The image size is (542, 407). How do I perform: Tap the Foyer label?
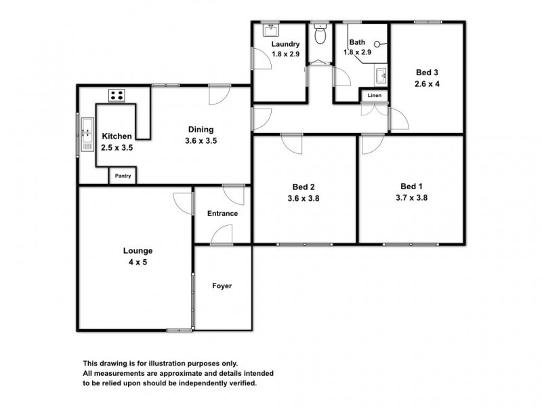tap(222, 286)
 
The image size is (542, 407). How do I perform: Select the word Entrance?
tap(222, 214)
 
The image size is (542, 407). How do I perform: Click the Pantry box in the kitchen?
tap(123, 176)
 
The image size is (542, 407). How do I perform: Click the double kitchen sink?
tap(86, 134)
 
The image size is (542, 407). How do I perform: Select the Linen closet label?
tap(375, 96)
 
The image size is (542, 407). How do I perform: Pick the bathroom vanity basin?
tap(381, 75)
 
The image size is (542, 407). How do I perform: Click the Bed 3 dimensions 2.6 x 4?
tap(427, 84)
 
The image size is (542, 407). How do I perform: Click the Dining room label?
tap(201, 130)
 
